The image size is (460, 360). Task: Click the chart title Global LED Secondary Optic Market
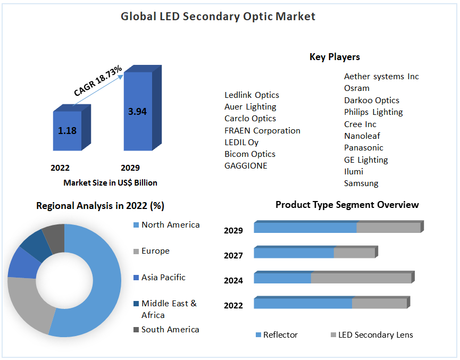(218, 16)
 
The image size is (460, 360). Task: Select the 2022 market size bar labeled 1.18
(67, 131)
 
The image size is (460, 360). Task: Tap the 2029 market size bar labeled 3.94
(137, 112)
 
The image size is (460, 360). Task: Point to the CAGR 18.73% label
(98, 81)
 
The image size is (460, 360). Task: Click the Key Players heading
(334, 57)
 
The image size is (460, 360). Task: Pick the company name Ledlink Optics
(252, 95)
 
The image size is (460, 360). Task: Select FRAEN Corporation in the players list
(262, 131)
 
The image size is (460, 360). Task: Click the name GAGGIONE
(246, 166)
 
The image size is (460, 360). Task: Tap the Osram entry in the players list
(356, 88)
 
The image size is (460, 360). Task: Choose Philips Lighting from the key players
(373, 112)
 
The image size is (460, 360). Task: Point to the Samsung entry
(361, 183)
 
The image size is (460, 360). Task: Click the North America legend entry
(170, 225)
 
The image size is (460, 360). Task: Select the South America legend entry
(170, 330)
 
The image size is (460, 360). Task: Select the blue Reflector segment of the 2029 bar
(305, 228)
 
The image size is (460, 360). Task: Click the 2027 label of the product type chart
(233, 256)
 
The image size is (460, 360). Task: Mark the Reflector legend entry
(280, 335)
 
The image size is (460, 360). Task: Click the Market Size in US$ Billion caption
(110, 183)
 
